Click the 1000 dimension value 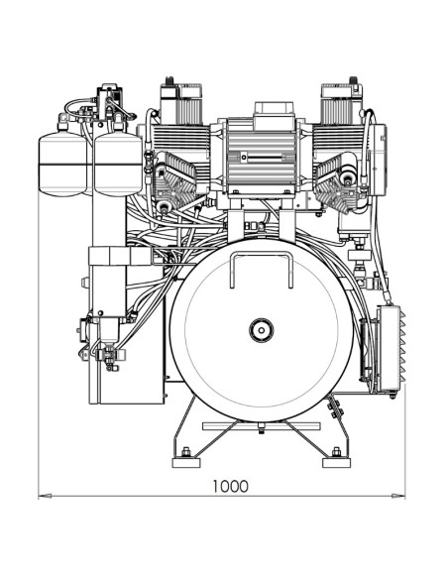[230, 486]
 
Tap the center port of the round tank [262, 327]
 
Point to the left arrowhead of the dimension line [43, 496]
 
